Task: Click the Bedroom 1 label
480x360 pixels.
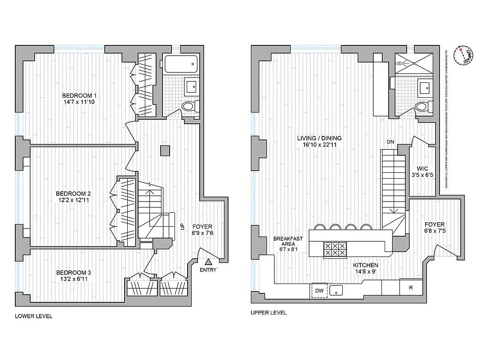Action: (x=79, y=95)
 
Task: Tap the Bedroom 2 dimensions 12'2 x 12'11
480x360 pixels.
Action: (x=73, y=200)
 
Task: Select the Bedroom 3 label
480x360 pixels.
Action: (x=73, y=273)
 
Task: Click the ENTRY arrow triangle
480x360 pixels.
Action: (x=208, y=261)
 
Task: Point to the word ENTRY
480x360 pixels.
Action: (x=208, y=270)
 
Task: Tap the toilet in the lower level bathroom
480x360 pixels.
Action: (x=189, y=107)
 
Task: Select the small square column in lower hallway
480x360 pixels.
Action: (x=165, y=150)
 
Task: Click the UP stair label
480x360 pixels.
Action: (x=182, y=227)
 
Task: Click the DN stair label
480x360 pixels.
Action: (x=390, y=142)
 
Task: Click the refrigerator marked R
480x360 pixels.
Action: (x=411, y=287)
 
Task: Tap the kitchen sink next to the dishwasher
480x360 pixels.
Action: (x=336, y=290)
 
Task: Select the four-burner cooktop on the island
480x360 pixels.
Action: (x=335, y=249)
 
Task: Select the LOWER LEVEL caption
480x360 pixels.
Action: (x=34, y=316)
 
